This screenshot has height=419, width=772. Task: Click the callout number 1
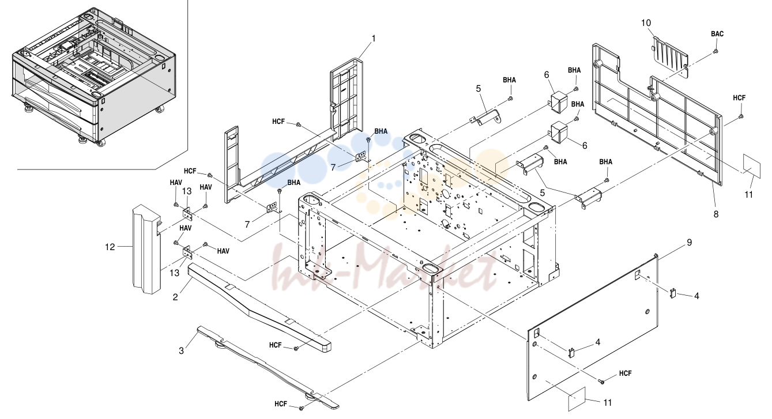coord(373,39)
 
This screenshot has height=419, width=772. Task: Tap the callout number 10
coord(646,23)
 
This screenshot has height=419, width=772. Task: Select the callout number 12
coord(110,247)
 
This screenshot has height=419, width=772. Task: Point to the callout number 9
coord(690,243)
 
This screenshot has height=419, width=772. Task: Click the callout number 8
coord(716,214)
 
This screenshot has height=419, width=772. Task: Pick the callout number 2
coord(175,297)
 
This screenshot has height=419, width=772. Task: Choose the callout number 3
coord(181,351)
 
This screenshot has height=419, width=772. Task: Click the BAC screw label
coord(717,34)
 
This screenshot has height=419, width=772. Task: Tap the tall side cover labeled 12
coord(147,249)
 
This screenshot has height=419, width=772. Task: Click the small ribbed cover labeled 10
coord(669,56)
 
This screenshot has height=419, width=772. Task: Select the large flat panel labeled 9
coord(593,327)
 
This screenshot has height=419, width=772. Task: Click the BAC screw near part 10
coord(715,51)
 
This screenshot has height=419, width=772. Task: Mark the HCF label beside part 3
coord(281,404)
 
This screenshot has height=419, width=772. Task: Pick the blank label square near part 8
coord(751,166)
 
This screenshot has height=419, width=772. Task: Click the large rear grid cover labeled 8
coord(657,114)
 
